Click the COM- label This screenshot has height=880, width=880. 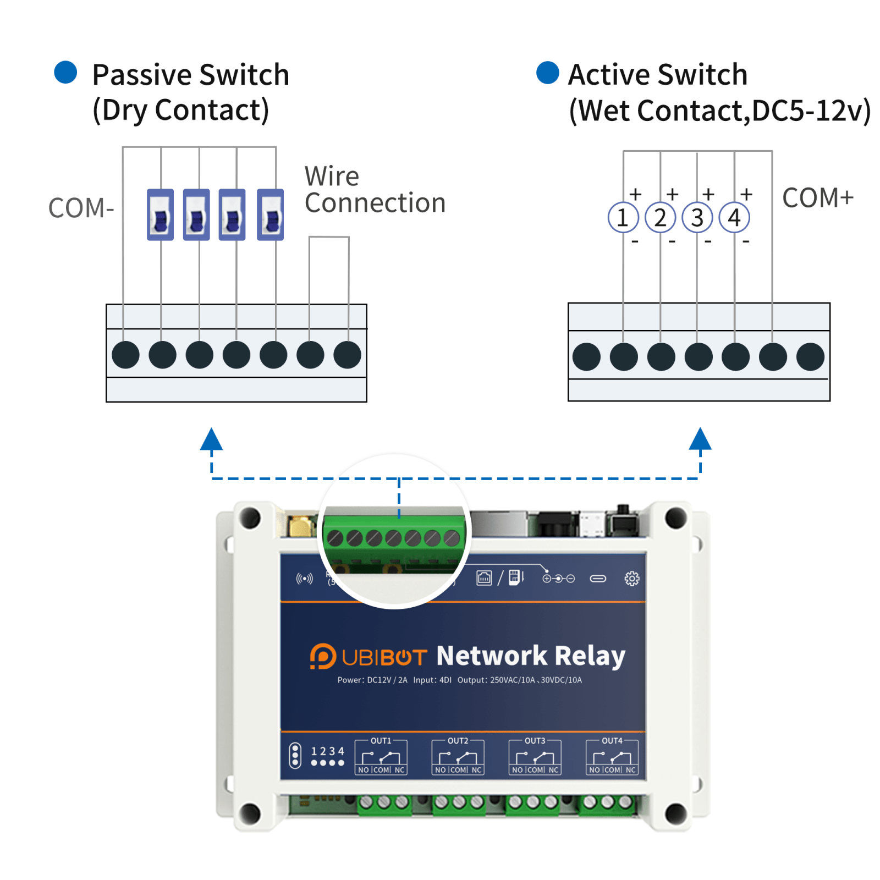[81, 208]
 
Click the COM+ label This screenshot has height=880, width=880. [818, 198]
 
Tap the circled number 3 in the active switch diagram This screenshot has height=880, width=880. [697, 218]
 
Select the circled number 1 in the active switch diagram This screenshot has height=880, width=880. [623, 218]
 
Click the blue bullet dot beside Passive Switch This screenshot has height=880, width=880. [65, 73]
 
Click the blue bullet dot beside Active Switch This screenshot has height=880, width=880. [547, 73]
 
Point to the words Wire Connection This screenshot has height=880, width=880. [375, 190]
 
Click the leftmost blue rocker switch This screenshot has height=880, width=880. [160, 215]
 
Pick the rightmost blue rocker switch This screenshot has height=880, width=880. [270, 215]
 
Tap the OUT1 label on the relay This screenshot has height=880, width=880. [381, 741]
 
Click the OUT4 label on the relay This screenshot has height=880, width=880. [612, 741]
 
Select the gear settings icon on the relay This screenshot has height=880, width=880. [632, 579]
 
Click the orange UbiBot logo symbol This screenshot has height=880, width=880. [322, 656]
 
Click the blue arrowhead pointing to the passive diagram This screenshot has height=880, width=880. [211, 439]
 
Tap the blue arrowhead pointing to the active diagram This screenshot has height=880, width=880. [700, 439]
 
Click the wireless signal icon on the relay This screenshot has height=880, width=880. [304, 579]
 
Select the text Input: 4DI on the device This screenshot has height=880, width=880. [432, 680]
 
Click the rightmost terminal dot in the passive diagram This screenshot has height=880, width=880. [347, 355]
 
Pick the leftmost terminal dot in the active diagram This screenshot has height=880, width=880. [586, 357]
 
